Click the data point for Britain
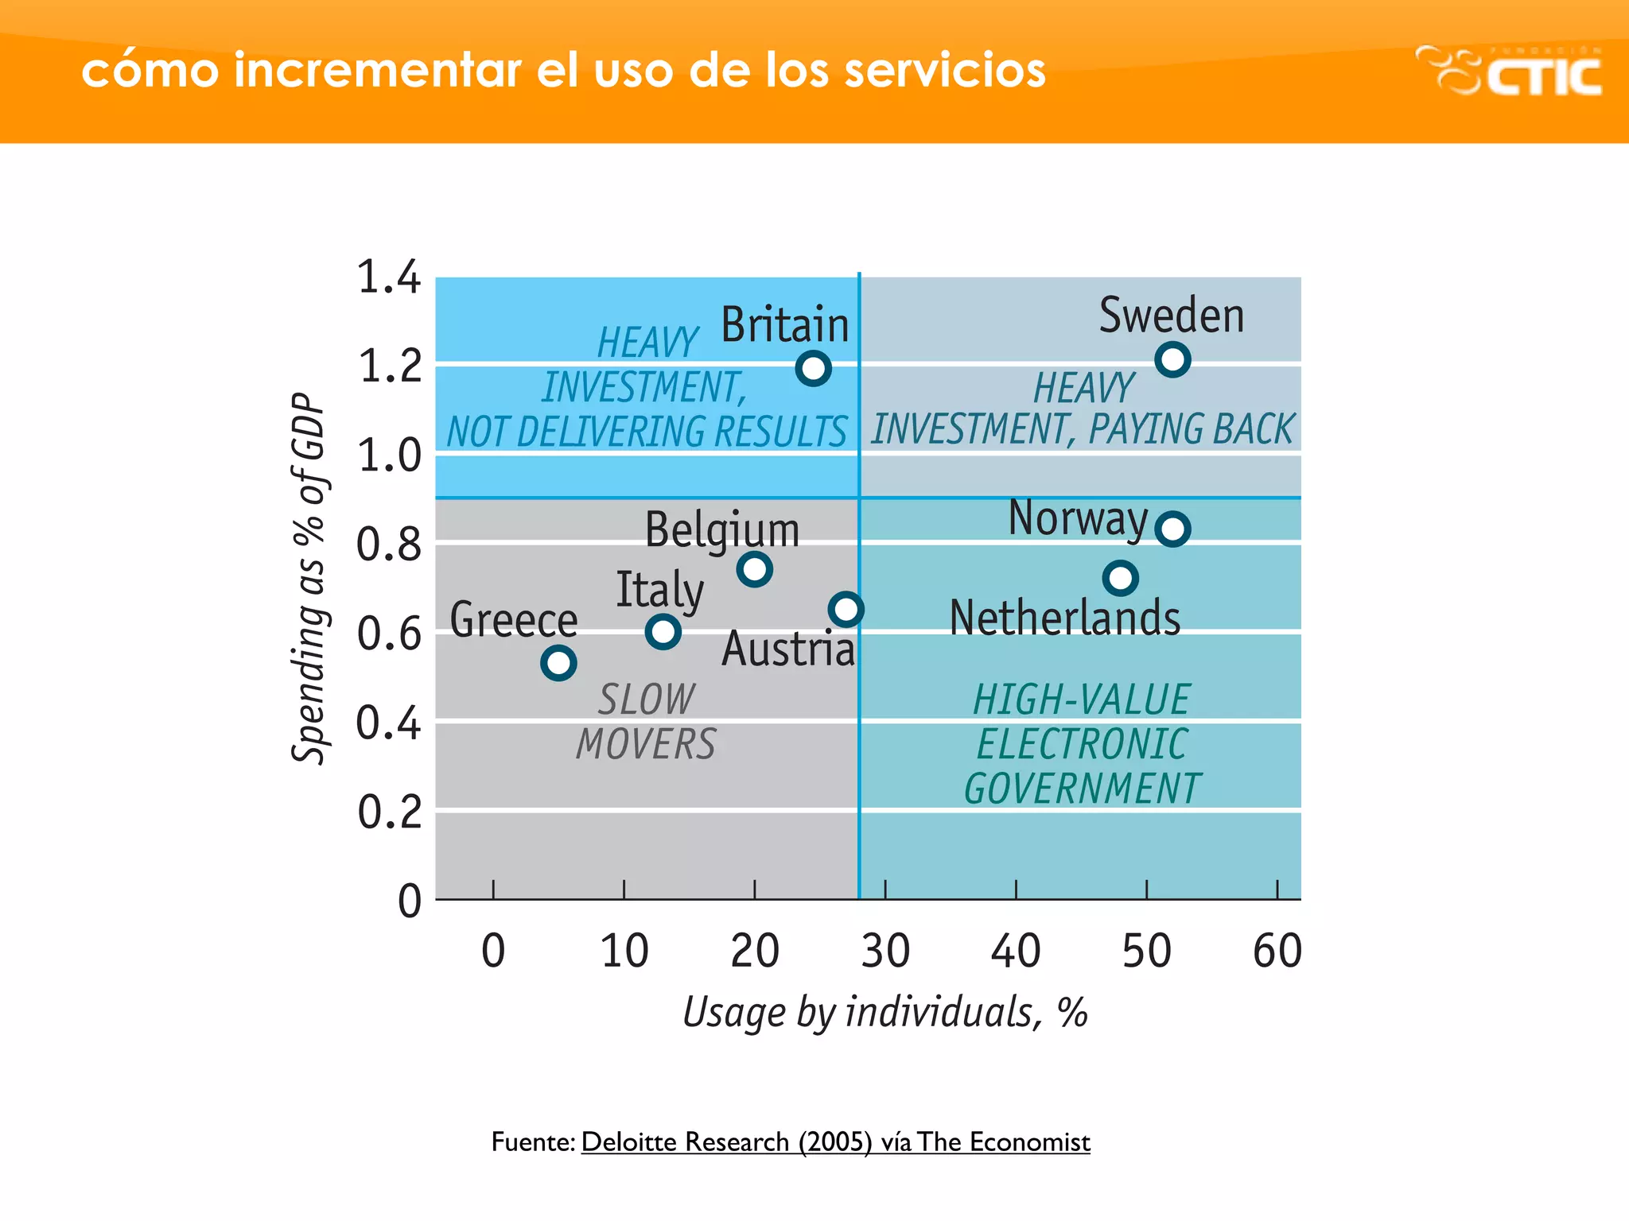click(x=813, y=368)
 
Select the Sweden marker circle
click(x=1172, y=359)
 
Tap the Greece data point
click(x=558, y=662)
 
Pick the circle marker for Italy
click(x=663, y=632)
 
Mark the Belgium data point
click(x=754, y=569)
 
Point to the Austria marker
click(x=846, y=610)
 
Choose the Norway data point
click(x=1172, y=529)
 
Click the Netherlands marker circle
click(x=1120, y=578)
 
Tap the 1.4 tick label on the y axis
click(x=388, y=277)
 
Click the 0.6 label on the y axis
click(x=388, y=634)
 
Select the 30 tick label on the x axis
click(x=885, y=951)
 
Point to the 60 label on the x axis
click(x=1277, y=951)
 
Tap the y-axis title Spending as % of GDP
click(x=309, y=579)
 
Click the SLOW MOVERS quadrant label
click(x=646, y=722)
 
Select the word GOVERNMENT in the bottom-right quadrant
click(x=1082, y=789)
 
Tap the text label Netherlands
click(x=1064, y=618)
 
